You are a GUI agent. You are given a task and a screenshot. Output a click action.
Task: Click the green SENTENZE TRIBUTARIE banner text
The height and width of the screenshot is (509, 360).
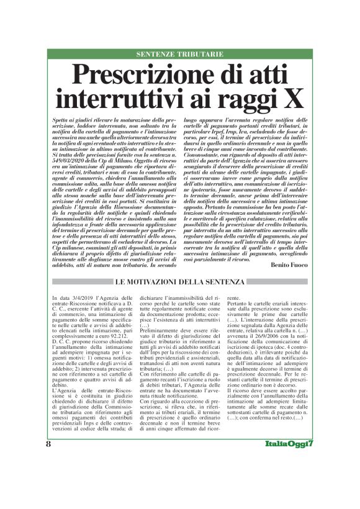pos(179,55)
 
